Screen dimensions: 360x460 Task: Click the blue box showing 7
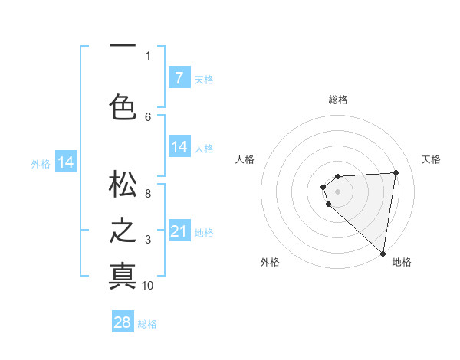tap(179, 77)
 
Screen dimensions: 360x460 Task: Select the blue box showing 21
tap(179, 231)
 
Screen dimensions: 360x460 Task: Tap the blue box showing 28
tap(123, 322)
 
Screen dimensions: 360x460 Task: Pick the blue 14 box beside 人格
tap(179, 147)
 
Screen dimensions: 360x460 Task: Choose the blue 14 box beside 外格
tap(66, 162)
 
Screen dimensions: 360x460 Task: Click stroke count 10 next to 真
tap(148, 286)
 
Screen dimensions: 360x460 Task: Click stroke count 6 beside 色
tap(148, 116)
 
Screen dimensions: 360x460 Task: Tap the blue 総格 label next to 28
tap(147, 324)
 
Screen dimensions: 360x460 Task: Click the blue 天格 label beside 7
tap(204, 79)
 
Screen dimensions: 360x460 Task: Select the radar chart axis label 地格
tap(402, 262)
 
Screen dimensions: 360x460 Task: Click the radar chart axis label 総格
tap(338, 100)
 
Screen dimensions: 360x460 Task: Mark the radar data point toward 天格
tap(396, 172)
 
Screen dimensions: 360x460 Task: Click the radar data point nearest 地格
tap(383, 254)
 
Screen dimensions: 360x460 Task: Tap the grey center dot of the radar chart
tap(337, 190)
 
